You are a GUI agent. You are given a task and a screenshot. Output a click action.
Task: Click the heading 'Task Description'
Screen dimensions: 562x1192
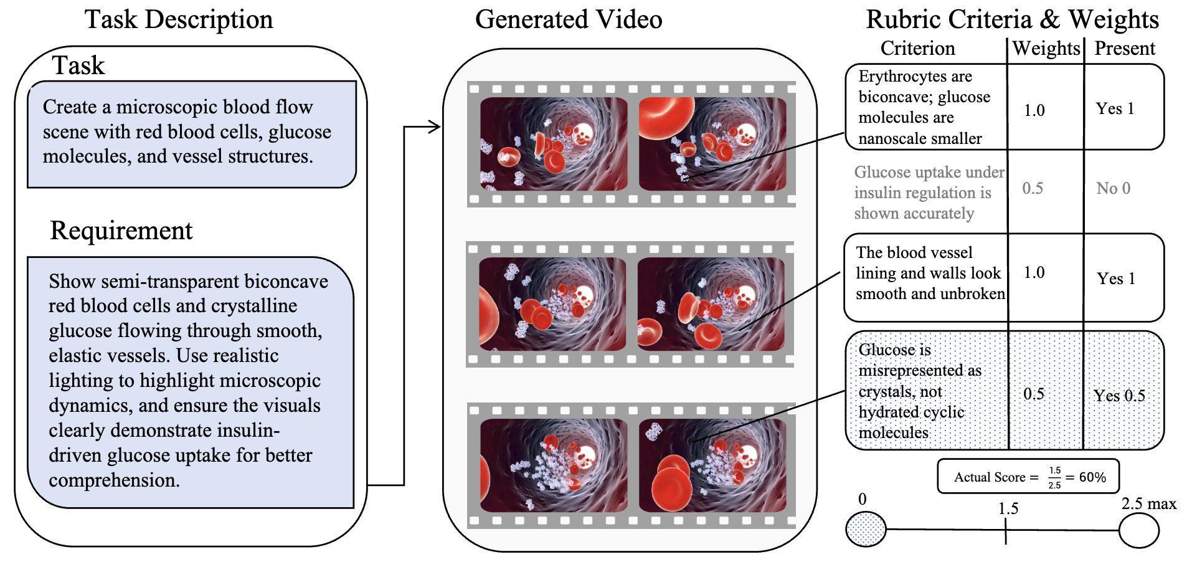(x=179, y=19)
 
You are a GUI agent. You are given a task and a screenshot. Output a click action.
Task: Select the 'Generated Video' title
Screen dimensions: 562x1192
(x=568, y=19)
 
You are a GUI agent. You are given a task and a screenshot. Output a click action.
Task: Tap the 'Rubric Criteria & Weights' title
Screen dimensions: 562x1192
(x=1011, y=19)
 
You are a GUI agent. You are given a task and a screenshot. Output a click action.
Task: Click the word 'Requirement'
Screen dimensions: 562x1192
(x=121, y=231)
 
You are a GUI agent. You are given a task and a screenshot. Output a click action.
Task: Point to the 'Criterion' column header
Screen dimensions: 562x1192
(x=917, y=49)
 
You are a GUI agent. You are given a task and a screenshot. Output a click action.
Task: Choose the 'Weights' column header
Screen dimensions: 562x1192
(x=1046, y=49)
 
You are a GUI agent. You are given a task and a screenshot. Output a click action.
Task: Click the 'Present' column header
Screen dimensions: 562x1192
(x=1124, y=49)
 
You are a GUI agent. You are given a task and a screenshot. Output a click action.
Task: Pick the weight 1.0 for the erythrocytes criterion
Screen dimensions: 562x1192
(x=1034, y=110)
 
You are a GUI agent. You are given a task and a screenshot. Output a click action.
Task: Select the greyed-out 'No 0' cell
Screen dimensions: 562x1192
(x=1113, y=188)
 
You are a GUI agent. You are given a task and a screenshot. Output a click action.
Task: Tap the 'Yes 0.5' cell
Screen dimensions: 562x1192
(x=1119, y=396)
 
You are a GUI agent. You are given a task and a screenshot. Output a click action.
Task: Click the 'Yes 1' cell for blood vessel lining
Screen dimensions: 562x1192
(x=1115, y=279)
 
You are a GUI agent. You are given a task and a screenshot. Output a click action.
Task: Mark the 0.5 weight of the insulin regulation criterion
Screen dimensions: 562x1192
(x=1033, y=188)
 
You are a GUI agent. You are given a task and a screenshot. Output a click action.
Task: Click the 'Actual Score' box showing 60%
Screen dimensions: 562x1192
(x=1028, y=477)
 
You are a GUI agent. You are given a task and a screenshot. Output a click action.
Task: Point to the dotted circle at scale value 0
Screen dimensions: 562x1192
(x=865, y=530)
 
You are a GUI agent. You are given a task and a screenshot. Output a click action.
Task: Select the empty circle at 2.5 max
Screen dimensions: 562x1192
(x=1138, y=531)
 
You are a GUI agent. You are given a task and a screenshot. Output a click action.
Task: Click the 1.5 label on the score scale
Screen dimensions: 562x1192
(x=1008, y=509)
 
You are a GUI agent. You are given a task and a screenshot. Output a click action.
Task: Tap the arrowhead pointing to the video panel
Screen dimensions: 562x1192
(x=435, y=127)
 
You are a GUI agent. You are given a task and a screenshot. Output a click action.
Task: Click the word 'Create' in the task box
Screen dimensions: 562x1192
(x=70, y=107)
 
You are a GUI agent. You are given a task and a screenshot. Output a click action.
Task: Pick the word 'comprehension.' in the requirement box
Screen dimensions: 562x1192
(x=114, y=480)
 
